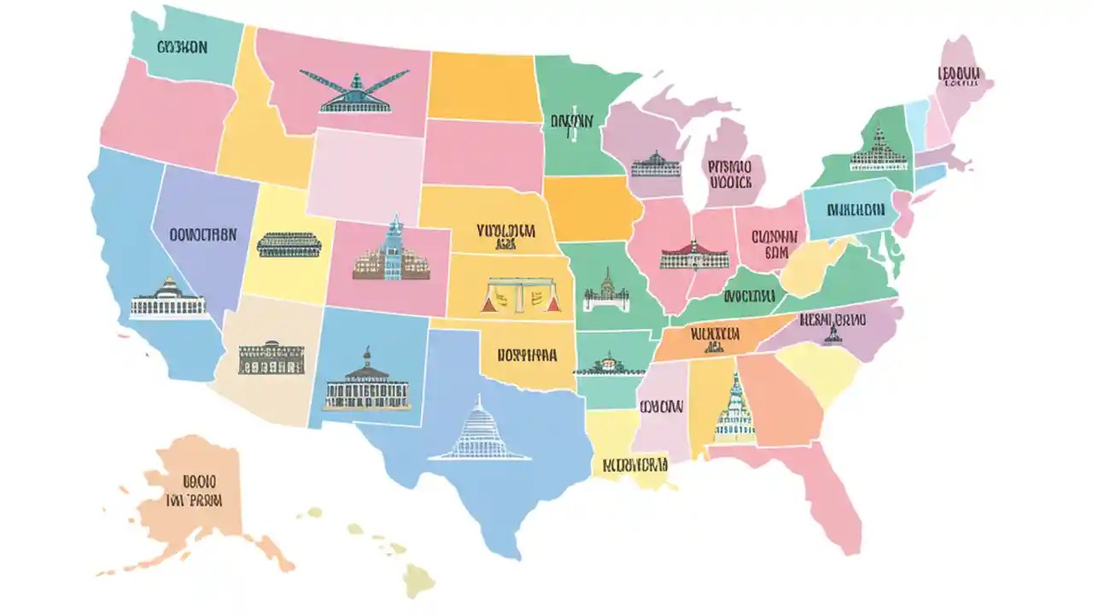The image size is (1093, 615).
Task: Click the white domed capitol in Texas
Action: click(478, 430)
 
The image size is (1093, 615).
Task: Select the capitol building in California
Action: click(168, 300)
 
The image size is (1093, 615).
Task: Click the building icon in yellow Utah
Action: click(290, 244)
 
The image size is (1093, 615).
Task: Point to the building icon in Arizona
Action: click(272, 359)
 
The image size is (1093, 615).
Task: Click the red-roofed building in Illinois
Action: click(694, 255)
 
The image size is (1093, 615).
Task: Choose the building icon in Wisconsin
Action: click(656, 164)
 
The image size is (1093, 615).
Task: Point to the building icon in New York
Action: click(878, 150)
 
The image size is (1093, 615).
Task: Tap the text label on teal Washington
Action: click(182, 48)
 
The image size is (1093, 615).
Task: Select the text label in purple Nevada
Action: click(203, 234)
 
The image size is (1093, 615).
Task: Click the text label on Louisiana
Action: click(634, 466)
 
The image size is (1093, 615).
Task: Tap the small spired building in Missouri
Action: click(606, 291)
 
